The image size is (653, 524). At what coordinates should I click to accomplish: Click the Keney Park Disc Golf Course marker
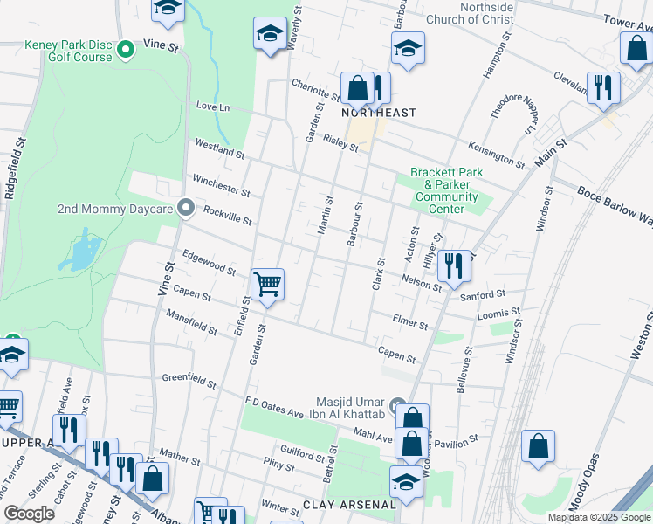[125, 49]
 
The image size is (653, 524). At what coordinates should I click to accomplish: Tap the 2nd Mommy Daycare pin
[185, 208]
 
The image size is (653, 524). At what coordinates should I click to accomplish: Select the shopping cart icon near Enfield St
[267, 284]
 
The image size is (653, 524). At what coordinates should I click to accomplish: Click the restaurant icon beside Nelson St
[454, 265]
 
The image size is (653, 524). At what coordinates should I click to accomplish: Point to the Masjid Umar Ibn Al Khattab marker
[398, 406]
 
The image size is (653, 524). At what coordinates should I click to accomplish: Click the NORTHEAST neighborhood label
[378, 113]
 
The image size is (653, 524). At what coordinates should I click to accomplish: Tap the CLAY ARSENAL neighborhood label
[350, 505]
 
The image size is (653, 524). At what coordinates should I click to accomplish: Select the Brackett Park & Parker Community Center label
[446, 184]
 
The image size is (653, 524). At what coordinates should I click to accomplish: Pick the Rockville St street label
[227, 215]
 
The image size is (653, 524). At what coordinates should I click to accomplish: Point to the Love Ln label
[212, 107]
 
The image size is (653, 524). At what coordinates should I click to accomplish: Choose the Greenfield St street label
[189, 380]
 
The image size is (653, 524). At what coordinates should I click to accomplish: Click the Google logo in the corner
[29, 514]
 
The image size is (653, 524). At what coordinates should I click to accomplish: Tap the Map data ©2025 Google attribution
[599, 517]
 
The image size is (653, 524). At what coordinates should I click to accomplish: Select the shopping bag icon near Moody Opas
[539, 446]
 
